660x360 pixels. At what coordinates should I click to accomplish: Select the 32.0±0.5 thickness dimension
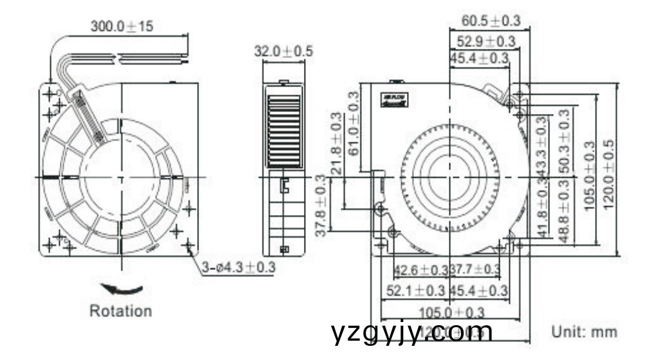pos(283,52)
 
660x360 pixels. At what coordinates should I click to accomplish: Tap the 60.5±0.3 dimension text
pos(491,21)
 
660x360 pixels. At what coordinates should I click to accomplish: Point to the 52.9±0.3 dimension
pos(486,42)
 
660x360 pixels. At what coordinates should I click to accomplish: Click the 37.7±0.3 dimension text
pos(475,269)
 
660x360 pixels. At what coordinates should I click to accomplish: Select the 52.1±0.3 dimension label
pos(415,291)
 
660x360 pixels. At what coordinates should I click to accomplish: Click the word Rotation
pos(120,311)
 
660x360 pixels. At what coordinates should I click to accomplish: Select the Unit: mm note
pos(584,332)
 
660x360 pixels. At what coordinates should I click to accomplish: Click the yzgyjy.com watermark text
pos(412,332)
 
